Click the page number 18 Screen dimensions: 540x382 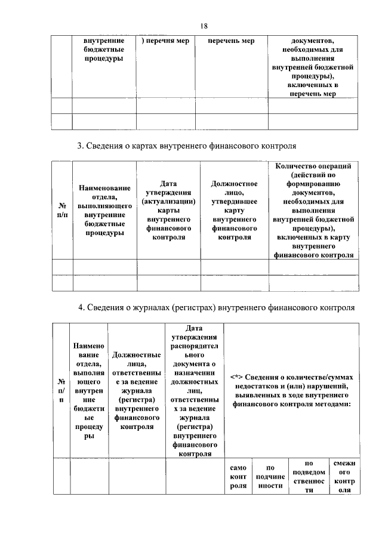point(204,25)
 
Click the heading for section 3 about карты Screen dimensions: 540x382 point(187,146)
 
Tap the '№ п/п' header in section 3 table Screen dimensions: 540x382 point(61,210)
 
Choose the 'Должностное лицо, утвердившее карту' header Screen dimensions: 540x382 point(235,210)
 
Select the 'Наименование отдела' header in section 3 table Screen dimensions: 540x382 point(104,210)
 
